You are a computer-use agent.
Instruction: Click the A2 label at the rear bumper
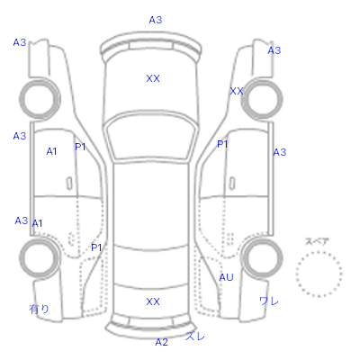click(x=162, y=342)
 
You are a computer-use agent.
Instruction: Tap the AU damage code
click(x=226, y=277)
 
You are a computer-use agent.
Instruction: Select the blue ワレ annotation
click(x=269, y=301)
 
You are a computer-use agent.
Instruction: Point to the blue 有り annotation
click(x=39, y=309)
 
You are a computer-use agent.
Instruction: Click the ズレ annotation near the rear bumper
click(x=195, y=336)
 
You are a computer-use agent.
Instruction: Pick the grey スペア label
click(x=317, y=241)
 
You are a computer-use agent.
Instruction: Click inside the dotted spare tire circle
click(x=319, y=274)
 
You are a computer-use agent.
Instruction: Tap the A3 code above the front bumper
click(x=156, y=20)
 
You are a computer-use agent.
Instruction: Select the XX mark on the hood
click(x=153, y=78)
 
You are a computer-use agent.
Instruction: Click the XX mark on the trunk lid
click(x=153, y=301)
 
